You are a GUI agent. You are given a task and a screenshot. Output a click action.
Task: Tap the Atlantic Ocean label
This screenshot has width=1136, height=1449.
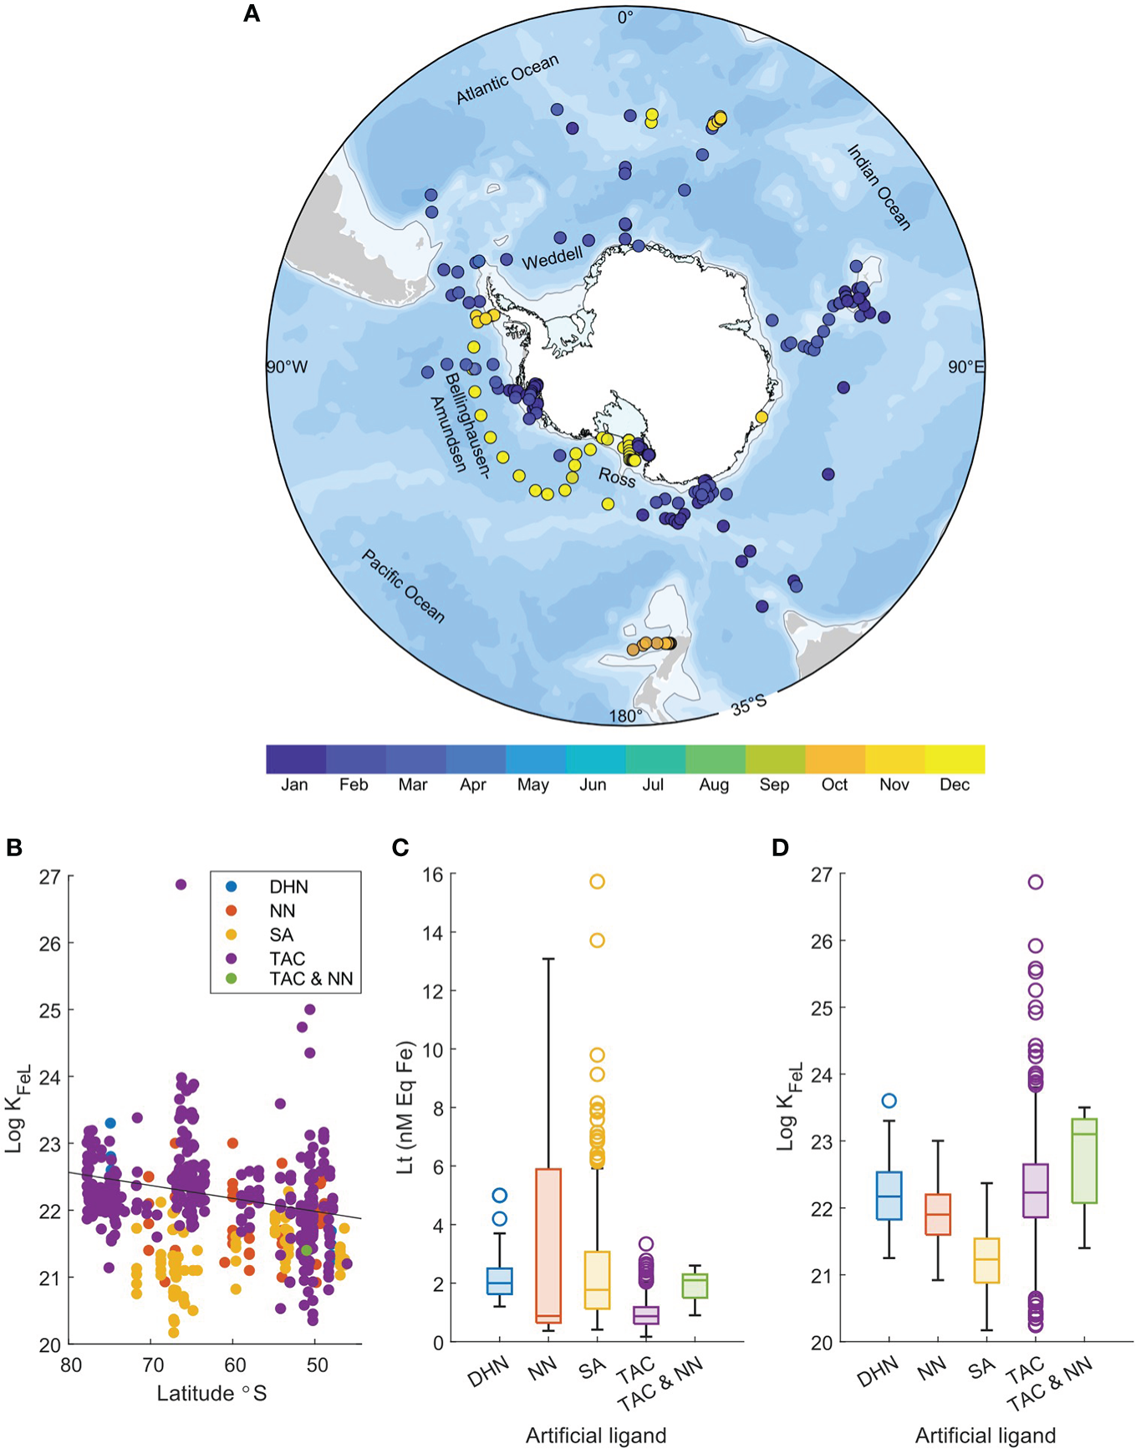click(507, 80)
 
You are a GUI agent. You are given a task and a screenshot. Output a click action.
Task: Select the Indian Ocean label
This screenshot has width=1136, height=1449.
click(879, 187)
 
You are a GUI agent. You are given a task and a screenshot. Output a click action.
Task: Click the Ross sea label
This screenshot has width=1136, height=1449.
click(617, 477)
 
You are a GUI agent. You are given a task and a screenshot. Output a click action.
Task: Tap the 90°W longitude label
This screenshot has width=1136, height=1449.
click(287, 368)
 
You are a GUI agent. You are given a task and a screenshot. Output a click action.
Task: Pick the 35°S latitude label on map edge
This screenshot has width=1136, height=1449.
click(749, 703)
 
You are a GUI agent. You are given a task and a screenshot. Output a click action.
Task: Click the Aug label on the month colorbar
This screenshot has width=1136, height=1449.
click(714, 785)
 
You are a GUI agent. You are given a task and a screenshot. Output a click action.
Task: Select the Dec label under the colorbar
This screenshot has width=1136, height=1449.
click(955, 785)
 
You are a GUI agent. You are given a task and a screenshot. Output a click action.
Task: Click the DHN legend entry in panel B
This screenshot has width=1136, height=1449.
click(288, 887)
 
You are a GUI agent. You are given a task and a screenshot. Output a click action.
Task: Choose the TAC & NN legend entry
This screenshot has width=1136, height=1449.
click(311, 979)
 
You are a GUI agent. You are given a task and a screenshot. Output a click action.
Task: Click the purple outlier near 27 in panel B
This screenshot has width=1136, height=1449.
click(181, 885)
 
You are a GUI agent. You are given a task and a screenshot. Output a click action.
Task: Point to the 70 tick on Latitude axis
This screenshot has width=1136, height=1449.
click(152, 1365)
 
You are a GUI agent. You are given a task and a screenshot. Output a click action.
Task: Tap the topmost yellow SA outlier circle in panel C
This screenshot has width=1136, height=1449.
click(597, 881)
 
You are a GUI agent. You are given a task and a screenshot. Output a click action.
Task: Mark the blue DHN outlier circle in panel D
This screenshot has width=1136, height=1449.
click(889, 1101)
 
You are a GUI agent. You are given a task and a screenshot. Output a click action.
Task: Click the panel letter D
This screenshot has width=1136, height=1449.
click(779, 848)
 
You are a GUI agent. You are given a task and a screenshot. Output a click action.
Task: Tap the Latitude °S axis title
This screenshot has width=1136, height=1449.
click(211, 1393)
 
